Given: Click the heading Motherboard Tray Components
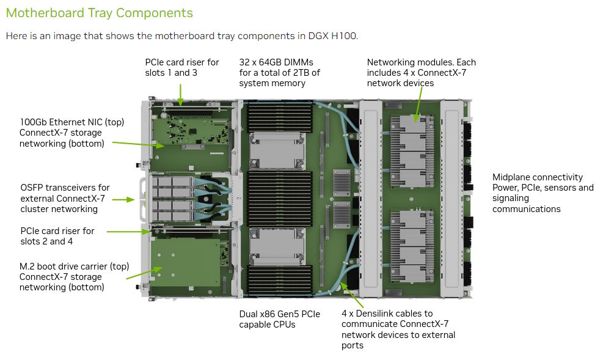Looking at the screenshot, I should (99, 13).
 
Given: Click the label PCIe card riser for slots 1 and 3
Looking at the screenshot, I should (181, 67).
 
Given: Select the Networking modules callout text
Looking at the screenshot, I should (421, 72).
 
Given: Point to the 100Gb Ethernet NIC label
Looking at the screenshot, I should (71, 133).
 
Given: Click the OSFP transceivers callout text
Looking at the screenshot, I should (65, 198).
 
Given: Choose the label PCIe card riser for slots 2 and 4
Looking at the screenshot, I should (57, 236).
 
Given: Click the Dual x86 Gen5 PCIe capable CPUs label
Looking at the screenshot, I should (279, 319).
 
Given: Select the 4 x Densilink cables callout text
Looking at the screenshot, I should (398, 329).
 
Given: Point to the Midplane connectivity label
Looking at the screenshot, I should (543, 193).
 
